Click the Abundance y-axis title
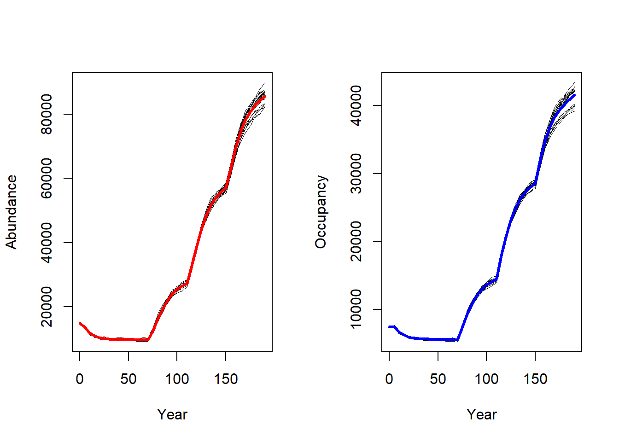(12, 212)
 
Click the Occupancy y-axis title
(321, 212)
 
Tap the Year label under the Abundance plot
(172, 414)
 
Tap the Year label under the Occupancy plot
(482, 414)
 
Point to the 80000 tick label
(47, 114)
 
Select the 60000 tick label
(47, 178)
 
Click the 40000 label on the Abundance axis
(47, 243)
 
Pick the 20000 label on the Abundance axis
(47, 307)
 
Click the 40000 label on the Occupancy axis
(356, 105)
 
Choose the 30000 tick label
(356, 174)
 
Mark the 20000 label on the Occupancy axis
(356, 241)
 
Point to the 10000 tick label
(356, 309)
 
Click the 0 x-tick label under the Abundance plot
(80, 379)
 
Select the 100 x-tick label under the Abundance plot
(177, 379)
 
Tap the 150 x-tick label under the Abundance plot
(226, 379)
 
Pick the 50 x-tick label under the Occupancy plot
(438, 379)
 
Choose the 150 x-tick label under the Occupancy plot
(535, 379)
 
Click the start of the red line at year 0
(80, 324)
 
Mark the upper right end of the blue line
(574, 95)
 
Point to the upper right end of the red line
(265, 96)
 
